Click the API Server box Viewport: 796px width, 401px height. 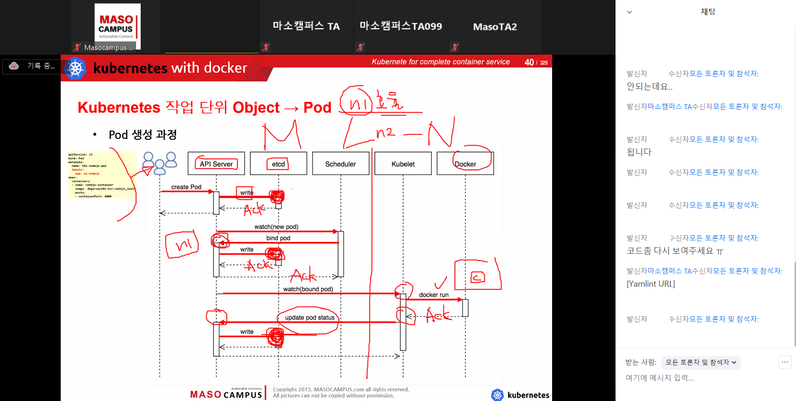coord(216,163)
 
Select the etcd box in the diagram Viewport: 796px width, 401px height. coord(278,163)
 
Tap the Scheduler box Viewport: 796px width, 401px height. coord(341,163)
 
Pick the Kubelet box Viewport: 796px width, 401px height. coord(403,163)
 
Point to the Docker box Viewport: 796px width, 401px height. coord(465,163)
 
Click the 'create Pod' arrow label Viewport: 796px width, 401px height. coord(186,187)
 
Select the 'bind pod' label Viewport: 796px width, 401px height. coord(278,238)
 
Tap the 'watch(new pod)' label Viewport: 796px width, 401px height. coord(276,227)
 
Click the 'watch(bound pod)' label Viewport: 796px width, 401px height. coord(308,289)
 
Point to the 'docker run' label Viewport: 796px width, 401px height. coord(434,295)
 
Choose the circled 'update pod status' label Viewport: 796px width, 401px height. coord(310,318)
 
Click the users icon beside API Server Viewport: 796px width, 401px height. coord(160,163)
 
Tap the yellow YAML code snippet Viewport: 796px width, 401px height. coord(102,175)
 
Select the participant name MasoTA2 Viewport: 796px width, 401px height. coord(495,27)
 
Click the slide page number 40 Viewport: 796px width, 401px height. coord(529,62)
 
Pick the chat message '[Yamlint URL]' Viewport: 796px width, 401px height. coord(651,284)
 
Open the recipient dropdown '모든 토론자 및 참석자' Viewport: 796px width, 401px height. coord(701,363)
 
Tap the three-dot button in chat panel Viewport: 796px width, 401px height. coord(784,362)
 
